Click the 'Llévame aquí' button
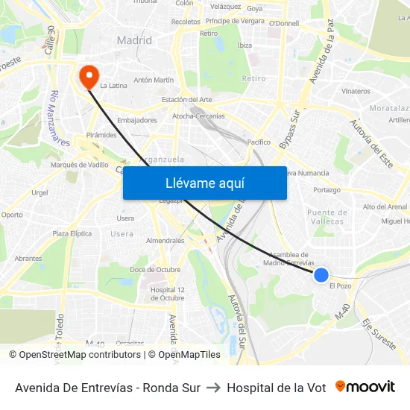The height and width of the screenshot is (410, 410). tap(204, 183)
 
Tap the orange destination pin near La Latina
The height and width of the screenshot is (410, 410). tap(88, 75)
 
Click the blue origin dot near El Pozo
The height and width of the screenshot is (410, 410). tap(321, 275)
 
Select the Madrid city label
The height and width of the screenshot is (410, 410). tap(134, 40)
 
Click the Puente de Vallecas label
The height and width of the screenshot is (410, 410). tap(326, 217)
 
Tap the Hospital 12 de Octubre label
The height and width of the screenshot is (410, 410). tap(167, 294)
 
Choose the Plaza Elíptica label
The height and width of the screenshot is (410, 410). tap(71, 233)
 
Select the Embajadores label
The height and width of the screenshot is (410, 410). tap(137, 120)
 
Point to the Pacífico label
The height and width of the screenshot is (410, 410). tap(259, 142)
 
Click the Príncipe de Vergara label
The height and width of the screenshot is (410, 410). tap(235, 21)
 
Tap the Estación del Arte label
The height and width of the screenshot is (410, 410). tap(186, 100)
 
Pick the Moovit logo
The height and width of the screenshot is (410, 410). tap(365, 387)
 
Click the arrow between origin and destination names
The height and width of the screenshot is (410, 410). tap(213, 388)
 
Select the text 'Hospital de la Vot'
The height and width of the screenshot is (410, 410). tap(276, 388)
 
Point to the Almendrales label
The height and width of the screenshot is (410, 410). tap(165, 241)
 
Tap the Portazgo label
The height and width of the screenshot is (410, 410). tap(327, 190)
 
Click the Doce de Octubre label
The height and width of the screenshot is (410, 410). tap(155, 269)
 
